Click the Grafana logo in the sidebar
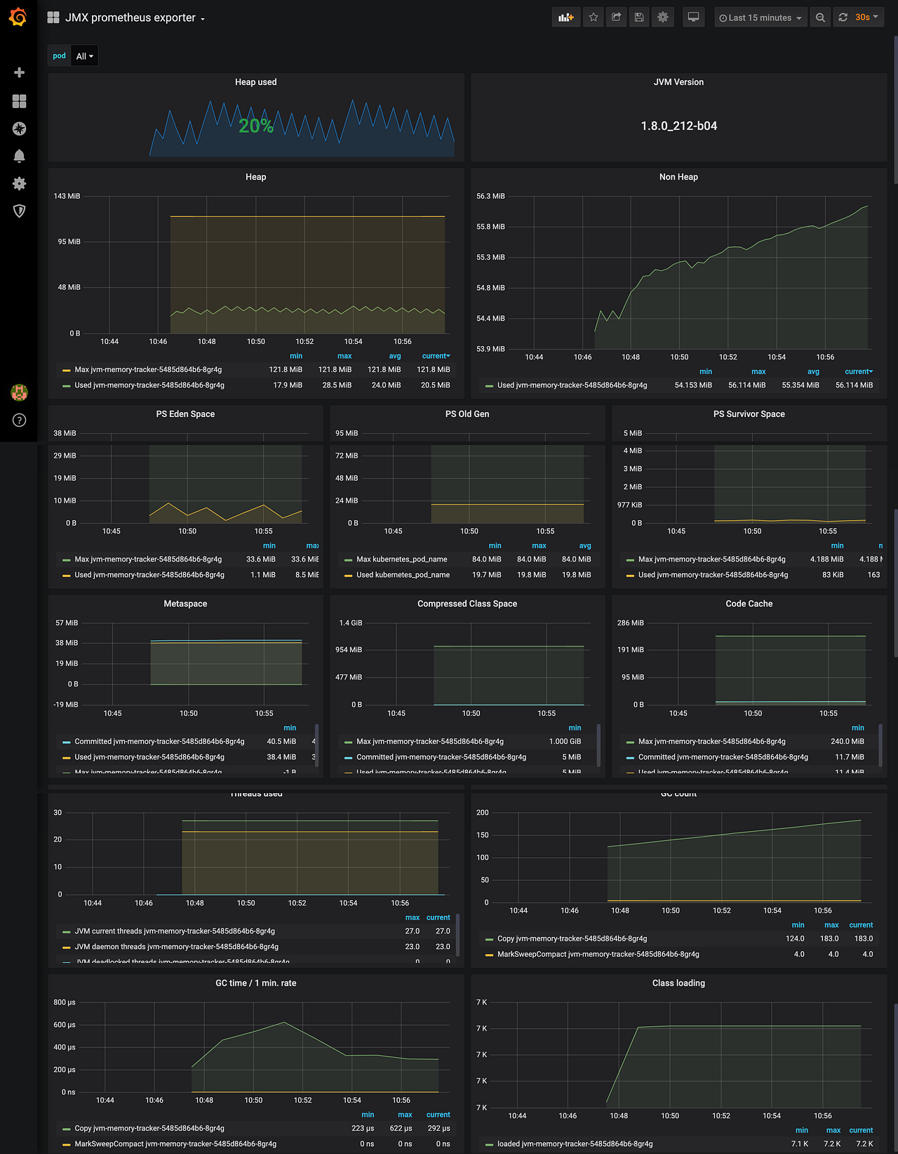(18, 17)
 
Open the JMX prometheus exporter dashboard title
(130, 18)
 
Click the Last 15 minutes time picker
(760, 18)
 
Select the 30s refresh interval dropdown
(866, 18)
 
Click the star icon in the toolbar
(594, 18)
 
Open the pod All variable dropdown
(84, 56)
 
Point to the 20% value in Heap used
(255, 126)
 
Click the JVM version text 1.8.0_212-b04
(678, 126)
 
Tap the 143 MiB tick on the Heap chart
(67, 196)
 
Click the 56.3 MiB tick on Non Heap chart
(490, 196)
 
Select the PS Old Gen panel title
(467, 414)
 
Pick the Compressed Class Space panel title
(467, 604)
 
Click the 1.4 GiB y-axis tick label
(351, 623)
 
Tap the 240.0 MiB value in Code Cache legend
(847, 741)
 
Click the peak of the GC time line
(284, 1022)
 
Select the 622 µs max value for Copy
(401, 1128)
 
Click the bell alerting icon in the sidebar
(19, 156)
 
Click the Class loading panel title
(678, 983)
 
